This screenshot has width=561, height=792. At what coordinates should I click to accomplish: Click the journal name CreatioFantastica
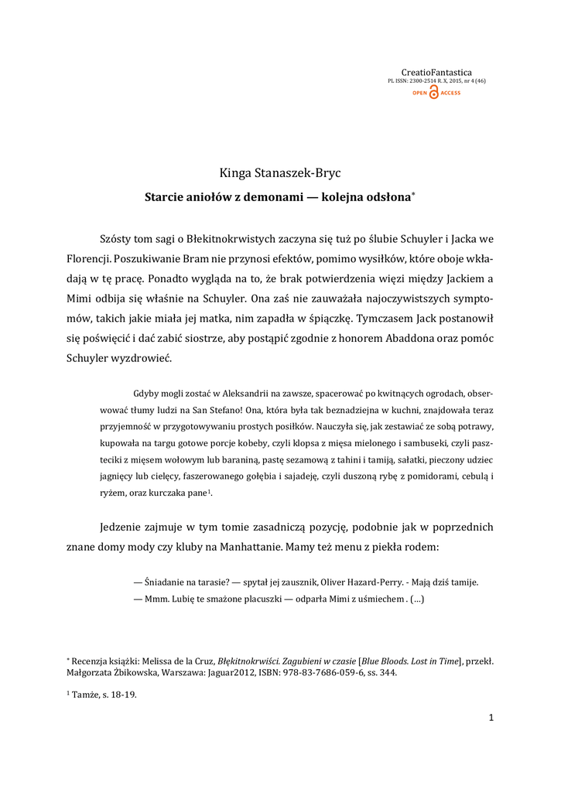tap(436, 72)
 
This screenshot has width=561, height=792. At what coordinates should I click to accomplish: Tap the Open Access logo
tap(436, 93)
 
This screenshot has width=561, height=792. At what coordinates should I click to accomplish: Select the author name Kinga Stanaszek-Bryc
tap(280, 173)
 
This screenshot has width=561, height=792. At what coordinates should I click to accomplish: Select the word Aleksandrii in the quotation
tap(229, 392)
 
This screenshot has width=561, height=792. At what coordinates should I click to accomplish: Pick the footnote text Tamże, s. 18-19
tap(104, 694)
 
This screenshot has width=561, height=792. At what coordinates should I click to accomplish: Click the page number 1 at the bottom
tap(491, 718)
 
